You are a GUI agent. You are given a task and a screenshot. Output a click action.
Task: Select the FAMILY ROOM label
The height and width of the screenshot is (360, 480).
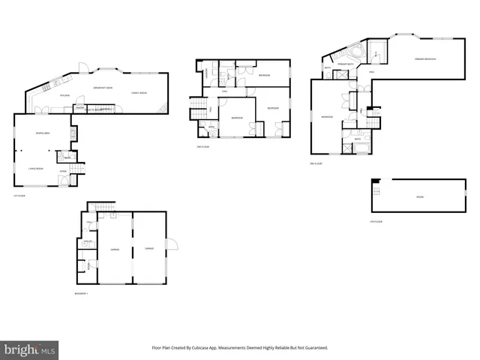click(x=139, y=92)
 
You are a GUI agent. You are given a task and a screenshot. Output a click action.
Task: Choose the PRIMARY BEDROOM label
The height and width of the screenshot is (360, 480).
click(x=426, y=58)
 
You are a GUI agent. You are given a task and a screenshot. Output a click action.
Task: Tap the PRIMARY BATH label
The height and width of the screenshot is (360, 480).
click(x=346, y=66)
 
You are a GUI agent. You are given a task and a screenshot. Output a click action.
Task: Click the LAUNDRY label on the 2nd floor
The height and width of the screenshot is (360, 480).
click(x=207, y=72)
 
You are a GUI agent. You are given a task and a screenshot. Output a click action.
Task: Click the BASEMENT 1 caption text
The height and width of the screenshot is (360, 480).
click(x=82, y=292)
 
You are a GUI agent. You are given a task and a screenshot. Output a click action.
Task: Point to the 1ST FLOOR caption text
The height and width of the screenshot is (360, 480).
click(x=19, y=196)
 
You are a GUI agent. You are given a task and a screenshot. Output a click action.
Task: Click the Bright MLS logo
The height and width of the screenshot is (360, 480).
click(x=30, y=349)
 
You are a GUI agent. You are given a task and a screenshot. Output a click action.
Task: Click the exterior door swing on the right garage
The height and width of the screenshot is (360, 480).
click(x=172, y=243)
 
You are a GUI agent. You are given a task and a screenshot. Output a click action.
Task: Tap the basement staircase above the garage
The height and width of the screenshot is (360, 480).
click(x=101, y=208)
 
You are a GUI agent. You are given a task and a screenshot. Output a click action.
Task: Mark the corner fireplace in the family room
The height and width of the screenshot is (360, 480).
click(x=163, y=110)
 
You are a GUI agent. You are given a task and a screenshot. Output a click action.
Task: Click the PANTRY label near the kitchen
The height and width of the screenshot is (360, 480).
click(x=79, y=108)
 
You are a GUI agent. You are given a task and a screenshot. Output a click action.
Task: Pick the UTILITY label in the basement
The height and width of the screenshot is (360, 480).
click(x=88, y=241)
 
